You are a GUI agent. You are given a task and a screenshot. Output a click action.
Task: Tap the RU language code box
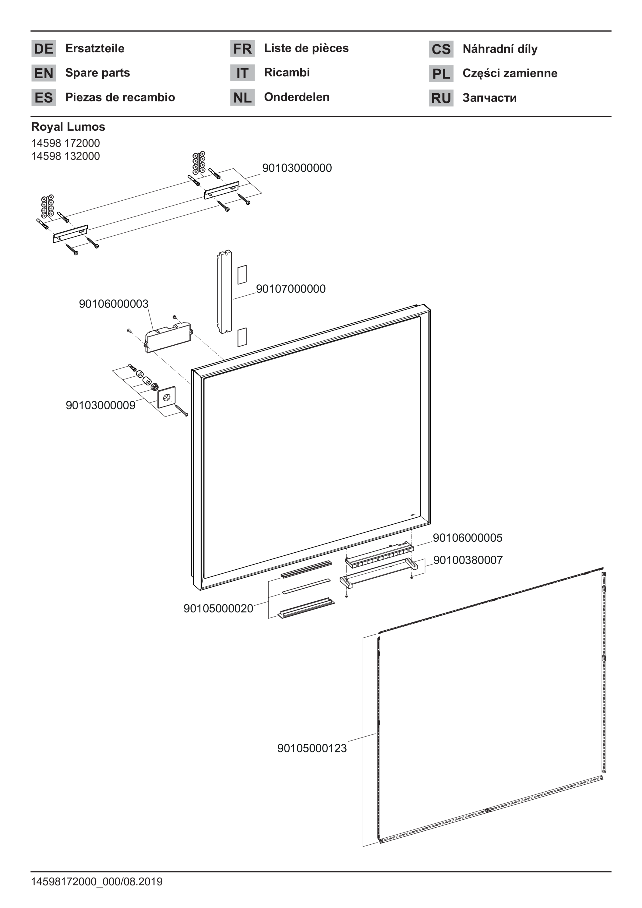point(441,98)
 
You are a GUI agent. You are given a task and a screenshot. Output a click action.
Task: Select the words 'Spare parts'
point(97,73)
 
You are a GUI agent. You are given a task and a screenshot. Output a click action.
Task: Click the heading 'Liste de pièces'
point(306,48)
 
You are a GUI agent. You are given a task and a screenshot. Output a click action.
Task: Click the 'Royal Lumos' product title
point(68,127)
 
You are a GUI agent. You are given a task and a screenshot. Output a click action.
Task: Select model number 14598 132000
point(66,156)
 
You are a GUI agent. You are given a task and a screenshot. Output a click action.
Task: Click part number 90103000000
point(297,168)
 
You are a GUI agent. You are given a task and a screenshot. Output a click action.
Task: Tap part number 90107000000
point(291,289)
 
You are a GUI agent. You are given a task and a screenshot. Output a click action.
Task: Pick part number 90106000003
point(114,304)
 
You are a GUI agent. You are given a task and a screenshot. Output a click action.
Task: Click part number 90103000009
point(101,405)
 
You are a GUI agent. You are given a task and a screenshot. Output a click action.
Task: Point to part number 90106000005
point(467,538)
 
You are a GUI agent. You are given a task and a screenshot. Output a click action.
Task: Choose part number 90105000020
point(218,609)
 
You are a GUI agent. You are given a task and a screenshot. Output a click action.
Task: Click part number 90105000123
point(312,748)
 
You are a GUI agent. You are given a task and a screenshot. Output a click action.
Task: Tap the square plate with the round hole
point(167,397)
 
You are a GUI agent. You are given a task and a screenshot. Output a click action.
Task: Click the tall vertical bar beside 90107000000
point(224,291)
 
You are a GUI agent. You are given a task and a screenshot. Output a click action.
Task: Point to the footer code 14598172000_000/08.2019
point(97,882)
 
